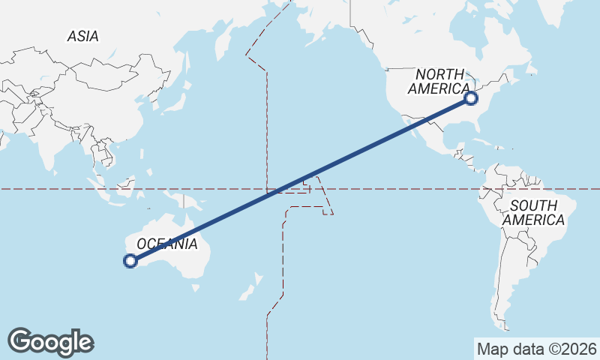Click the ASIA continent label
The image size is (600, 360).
point(82,36)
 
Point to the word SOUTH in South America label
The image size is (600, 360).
point(532,205)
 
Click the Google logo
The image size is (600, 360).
point(50,342)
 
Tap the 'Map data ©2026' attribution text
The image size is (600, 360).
point(536,349)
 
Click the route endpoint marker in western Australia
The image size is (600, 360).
point(130,261)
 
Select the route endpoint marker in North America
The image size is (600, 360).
point(471,97)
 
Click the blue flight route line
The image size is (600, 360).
point(300,180)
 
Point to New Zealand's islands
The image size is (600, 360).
point(252,288)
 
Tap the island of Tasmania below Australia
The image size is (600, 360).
point(196,286)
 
